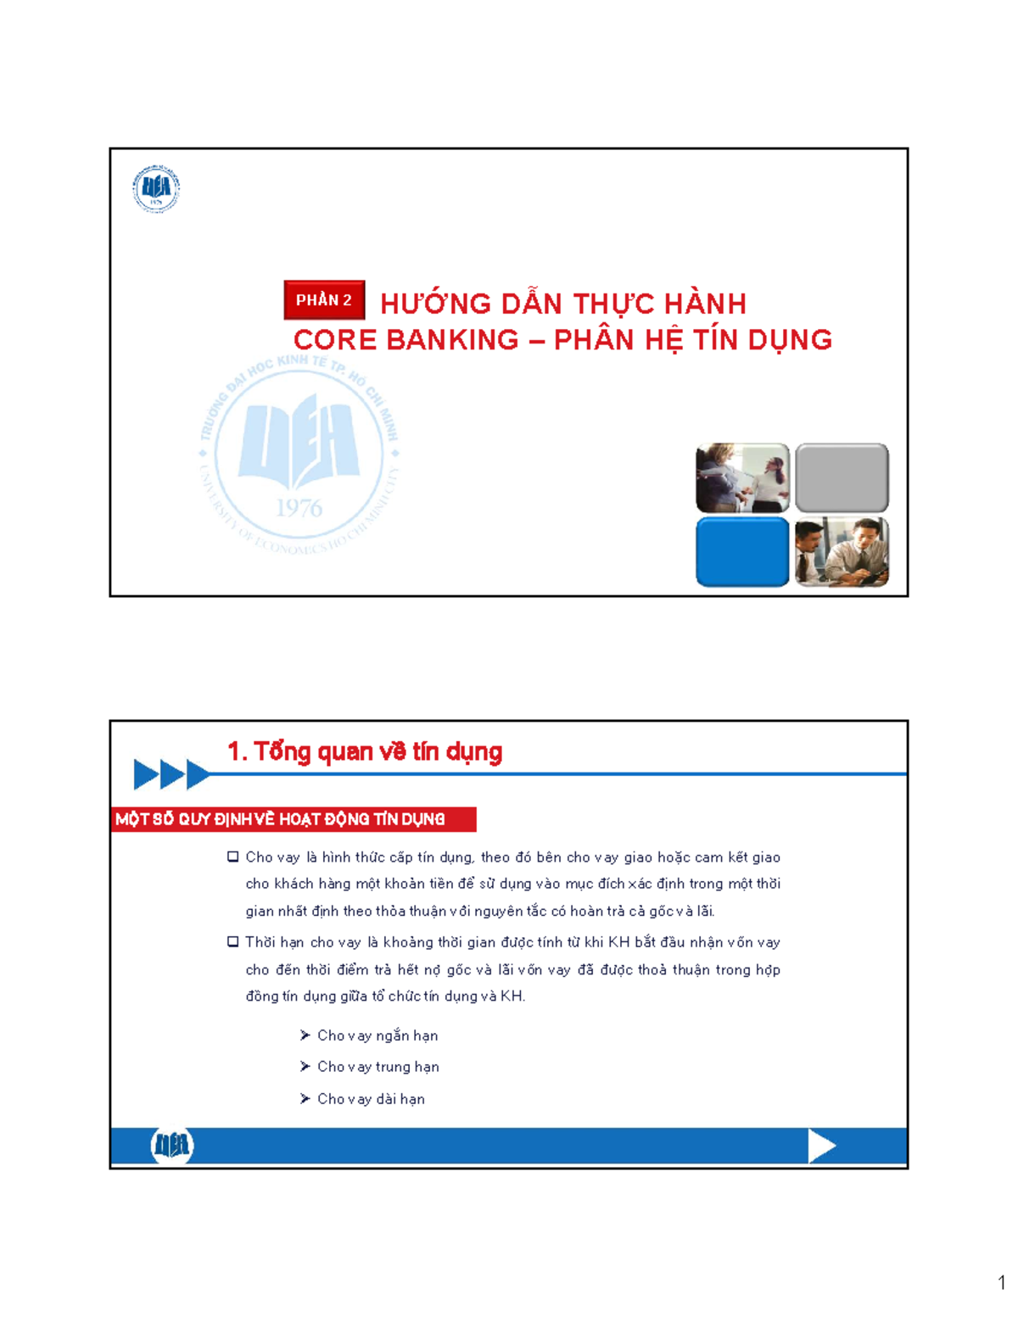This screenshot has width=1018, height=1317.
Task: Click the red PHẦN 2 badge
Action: click(x=324, y=300)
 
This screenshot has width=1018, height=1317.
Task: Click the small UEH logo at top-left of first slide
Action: click(x=156, y=188)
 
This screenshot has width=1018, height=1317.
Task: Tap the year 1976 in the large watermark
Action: click(x=299, y=508)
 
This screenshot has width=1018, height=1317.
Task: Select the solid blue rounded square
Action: click(x=742, y=552)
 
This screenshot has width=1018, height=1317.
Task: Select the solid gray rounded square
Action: click(x=842, y=478)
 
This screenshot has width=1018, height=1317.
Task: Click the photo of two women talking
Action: click(x=742, y=478)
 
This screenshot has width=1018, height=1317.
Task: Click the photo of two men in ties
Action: click(x=842, y=552)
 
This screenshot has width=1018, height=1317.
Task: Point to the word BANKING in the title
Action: click(x=452, y=340)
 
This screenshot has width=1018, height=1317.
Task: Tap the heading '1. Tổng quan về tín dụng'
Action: click(x=365, y=751)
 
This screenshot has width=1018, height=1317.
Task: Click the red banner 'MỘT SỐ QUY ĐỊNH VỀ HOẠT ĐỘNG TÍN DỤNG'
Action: click(x=293, y=819)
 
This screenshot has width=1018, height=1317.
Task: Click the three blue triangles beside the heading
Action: click(x=171, y=774)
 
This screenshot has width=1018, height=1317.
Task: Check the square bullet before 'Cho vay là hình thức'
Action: click(x=233, y=857)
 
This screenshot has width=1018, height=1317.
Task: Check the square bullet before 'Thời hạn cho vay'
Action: click(x=233, y=942)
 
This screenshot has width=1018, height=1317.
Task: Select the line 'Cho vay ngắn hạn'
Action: click(x=378, y=1035)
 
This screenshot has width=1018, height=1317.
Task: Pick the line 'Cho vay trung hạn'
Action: click(x=378, y=1067)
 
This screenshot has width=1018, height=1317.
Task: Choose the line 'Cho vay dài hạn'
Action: click(x=371, y=1099)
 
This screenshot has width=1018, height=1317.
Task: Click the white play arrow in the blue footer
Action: click(x=821, y=1146)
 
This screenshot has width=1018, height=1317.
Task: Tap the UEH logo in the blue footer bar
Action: click(x=172, y=1146)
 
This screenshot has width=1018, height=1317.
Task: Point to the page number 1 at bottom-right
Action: click(x=1002, y=1282)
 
